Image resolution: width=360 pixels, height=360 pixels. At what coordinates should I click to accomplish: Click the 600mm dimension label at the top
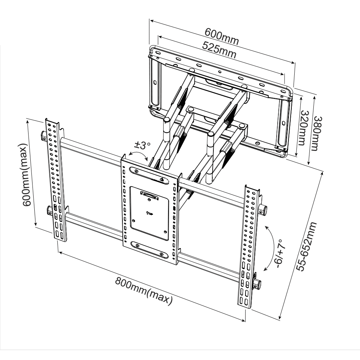point(222,36)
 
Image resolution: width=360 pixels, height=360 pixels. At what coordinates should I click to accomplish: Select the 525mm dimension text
point(219,50)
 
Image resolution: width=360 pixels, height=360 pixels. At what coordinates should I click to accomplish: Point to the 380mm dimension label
point(318,133)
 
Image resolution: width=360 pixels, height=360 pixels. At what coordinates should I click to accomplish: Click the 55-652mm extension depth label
point(306,247)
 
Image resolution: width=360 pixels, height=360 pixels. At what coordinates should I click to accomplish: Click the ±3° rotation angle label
point(143,145)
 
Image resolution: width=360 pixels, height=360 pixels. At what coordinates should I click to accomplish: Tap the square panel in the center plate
point(149,213)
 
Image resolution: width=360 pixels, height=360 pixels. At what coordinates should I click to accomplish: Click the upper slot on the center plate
point(149,175)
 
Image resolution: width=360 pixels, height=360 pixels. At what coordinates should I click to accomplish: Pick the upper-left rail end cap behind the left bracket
point(44,135)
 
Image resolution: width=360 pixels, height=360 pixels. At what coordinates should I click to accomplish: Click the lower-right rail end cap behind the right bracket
point(257,284)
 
